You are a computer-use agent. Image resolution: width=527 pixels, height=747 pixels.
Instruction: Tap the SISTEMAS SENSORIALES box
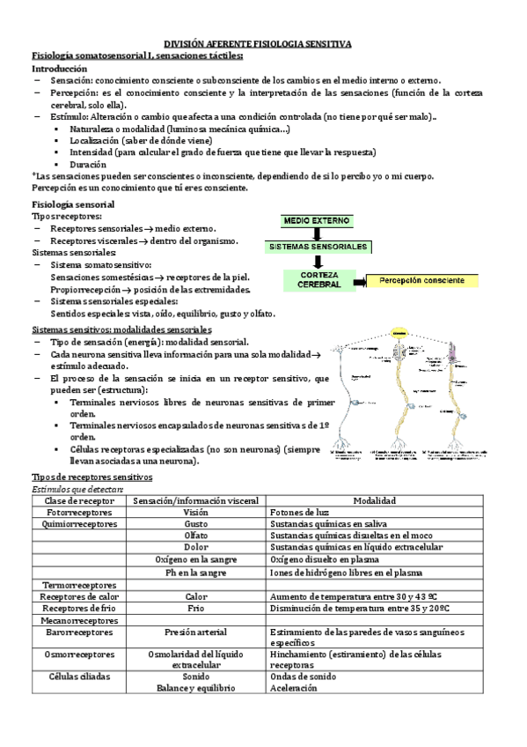(x=318, y=247)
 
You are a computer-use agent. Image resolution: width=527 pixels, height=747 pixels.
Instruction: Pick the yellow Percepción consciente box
(x=421, y=280)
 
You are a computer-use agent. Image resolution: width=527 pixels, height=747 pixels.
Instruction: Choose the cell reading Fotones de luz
(x=298, y=512)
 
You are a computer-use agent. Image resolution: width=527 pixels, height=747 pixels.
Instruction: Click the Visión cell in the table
(x=195, y=512)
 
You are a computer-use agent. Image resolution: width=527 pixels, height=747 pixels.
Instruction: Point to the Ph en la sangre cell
(x=195, y=572)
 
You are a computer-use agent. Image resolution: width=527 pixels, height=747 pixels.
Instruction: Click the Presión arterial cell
(x=195, y=632)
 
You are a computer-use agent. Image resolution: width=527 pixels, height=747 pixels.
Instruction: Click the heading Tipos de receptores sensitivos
(x=91, y=477)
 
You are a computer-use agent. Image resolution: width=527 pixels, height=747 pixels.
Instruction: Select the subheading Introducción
(x=60, y=68)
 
